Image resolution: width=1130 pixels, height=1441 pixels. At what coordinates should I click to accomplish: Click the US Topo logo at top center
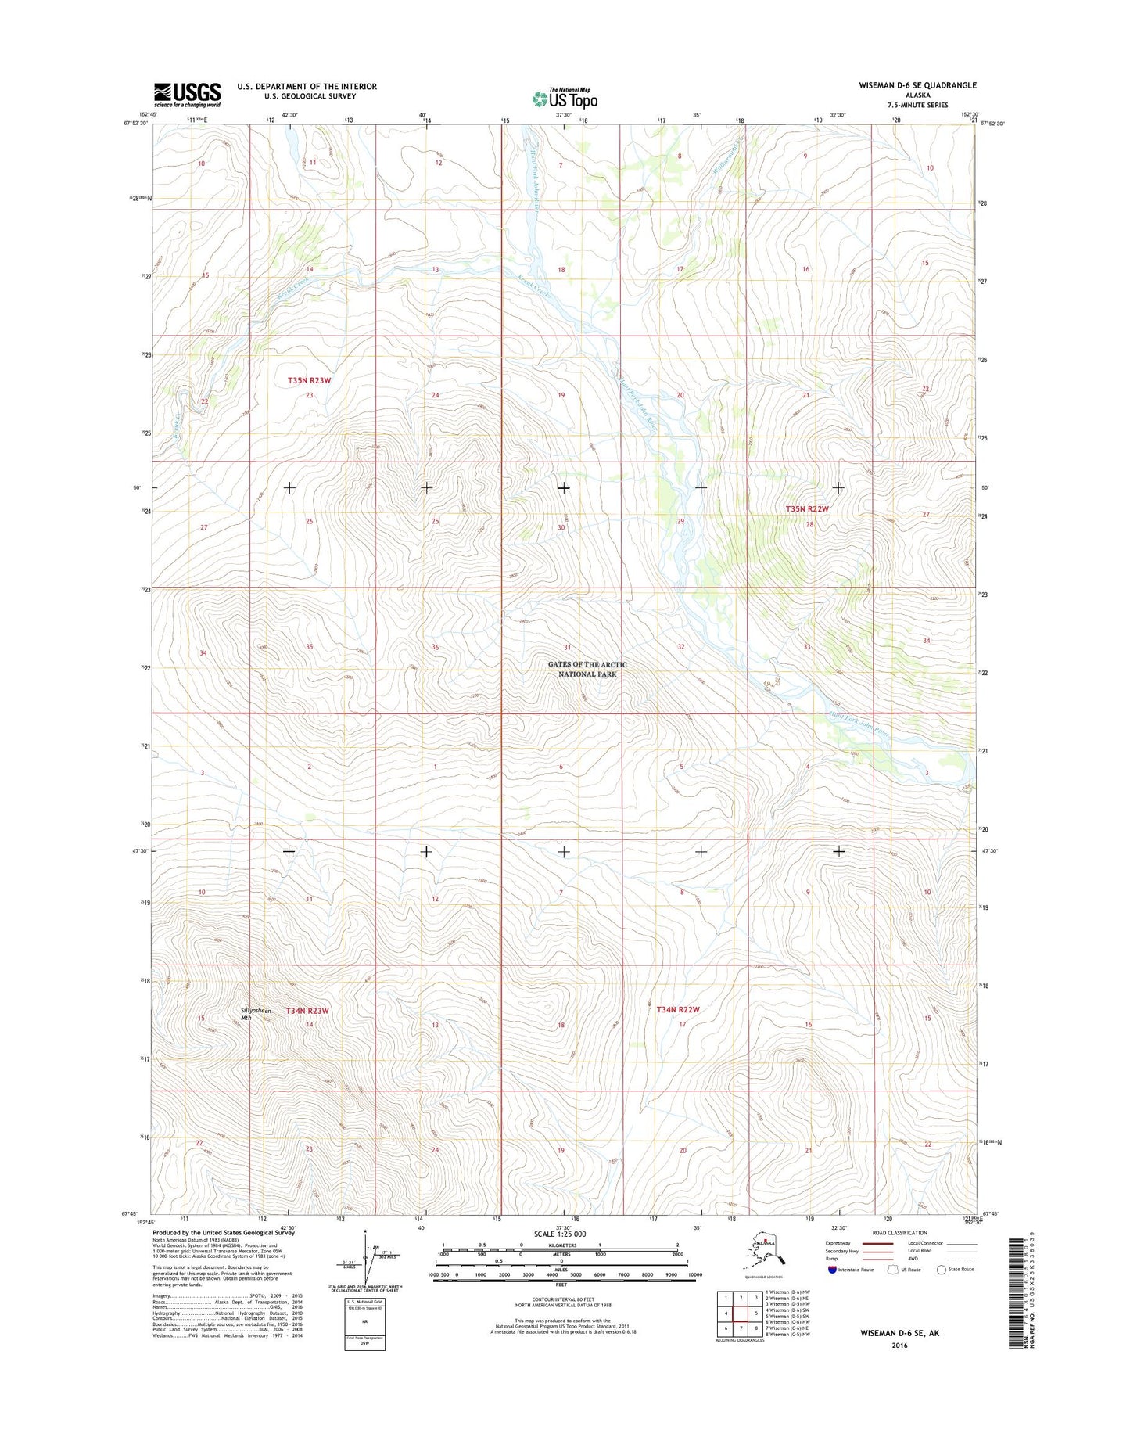(x=565, y=98)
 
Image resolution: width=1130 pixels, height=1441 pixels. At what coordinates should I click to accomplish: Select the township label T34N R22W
(x=677, y=1009)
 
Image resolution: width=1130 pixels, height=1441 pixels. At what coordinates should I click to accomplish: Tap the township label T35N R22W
(x=806, y=508)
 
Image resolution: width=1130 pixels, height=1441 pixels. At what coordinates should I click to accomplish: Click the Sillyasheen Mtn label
(x=256, y=1014)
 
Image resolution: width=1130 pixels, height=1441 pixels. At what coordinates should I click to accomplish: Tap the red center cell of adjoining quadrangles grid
(x=741, y=1313)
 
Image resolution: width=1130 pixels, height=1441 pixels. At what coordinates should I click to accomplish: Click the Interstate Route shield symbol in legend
(x=832, y=1270)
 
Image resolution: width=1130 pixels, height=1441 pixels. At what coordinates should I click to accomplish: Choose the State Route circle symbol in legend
(x=941, y=1270)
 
